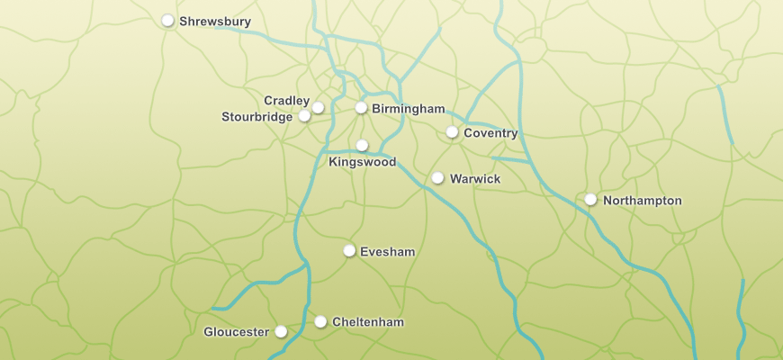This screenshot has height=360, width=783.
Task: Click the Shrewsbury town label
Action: click(x=215, y=21)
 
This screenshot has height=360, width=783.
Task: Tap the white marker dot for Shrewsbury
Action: click(x=167, y=20)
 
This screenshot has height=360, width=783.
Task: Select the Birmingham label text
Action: click(x=408, y=109)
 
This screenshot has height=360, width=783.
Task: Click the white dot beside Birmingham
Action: click(x=361, y=108)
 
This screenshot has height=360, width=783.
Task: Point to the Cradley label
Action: click(x=286, y=100)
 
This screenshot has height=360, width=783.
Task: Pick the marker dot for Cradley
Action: click(x=318, y=107)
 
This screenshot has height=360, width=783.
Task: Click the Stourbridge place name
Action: click(x=256, y=117)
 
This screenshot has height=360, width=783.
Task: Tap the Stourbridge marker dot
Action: click(x=304, y=116)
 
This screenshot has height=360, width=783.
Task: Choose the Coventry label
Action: click(x=490, y=133)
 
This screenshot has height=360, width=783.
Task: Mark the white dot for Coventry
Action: click(x=452, y=132)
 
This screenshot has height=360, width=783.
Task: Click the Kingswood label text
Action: click(x=362, y=162)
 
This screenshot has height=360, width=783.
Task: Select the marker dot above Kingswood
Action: click(x=362, y=145)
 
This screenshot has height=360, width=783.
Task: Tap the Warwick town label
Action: click(x=474, y=179)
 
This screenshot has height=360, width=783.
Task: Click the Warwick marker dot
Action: click(x=437, y=178)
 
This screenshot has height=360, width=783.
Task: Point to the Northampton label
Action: click(x=642, y=201)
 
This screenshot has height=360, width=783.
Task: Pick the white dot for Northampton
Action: click(x=590, y=199)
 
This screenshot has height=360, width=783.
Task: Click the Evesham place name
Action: click(x=387, y=252)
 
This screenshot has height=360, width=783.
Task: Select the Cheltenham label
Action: click(x=367, y=322)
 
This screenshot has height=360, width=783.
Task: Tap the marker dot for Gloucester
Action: click(x=281, y=331)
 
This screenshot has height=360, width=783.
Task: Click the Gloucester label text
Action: click(x=236, y=332)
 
